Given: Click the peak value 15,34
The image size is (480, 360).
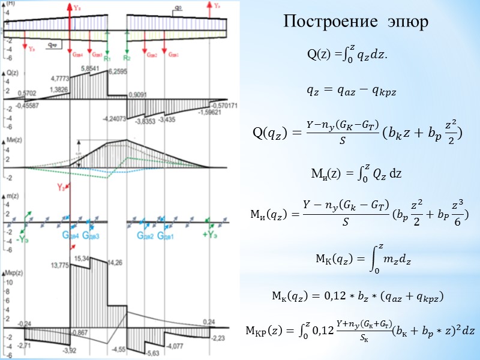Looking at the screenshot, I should (x=83, y=258).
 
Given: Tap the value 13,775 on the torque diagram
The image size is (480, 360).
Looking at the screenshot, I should (x=61, y=265).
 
